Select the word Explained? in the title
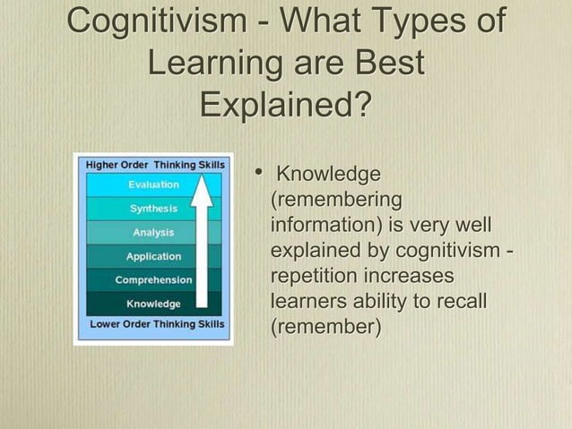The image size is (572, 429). tap(285, 104)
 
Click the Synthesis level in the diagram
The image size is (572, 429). tap(153, 209)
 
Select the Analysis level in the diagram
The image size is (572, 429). tap(153, 233)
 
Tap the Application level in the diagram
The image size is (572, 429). tap(153, 256)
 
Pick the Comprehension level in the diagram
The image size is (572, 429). tap(152, 279)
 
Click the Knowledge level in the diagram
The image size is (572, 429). tap(152, 303)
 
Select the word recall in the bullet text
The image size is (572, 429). tap(457, 302)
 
